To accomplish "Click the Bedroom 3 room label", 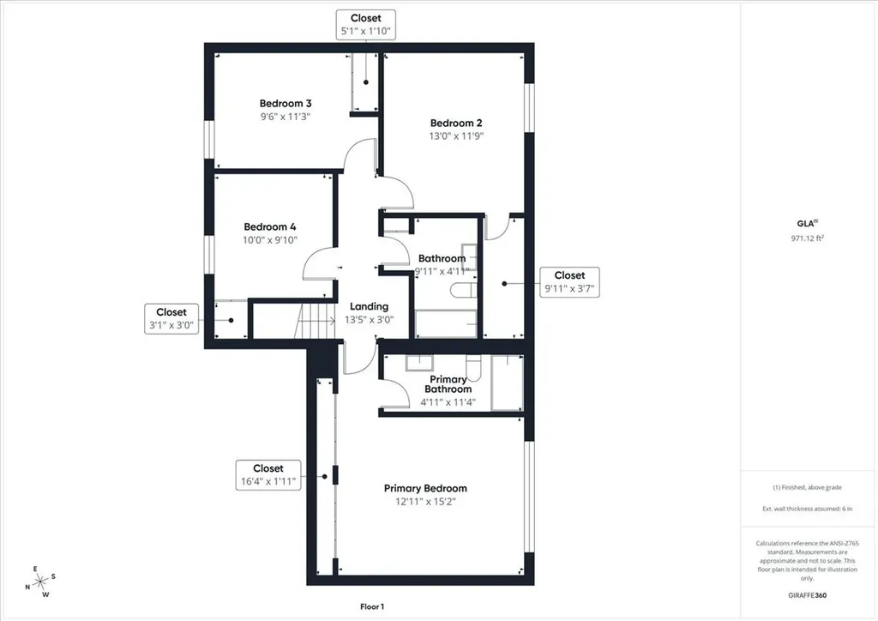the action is pyautogui.click(x=285, y=104).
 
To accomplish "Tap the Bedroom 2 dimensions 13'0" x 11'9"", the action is pyautogui.click(x=456, y=136).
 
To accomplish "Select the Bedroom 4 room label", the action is pyautogui.click(x=270, y=226).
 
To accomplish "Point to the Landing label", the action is pyautogui.click(x=369, y=307).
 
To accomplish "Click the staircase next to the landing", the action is pyautogui.click(x=315, y=321).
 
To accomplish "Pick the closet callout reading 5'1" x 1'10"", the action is pyautogui.click(x=365, y=25).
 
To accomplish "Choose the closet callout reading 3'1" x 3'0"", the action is pyautogui.click(x=171, y=318).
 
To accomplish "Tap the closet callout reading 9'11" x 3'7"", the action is pyautogui.click(x=569, y=282).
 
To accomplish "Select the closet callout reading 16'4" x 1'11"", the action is pyautogui.click(x=268, y=475).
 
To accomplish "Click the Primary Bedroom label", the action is pyautogui.click(x=425, y=488).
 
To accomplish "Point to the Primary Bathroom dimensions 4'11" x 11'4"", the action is pyautogui.click(x=448, y=402).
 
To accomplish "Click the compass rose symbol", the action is pyautogui.click(x=41, y=582).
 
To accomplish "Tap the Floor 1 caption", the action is pyautogui.click(x=372, y=606).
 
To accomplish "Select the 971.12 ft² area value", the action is pyautogui.click(x=808, y=238).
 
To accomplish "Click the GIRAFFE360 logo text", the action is pyautogui.click(x=807, y=595).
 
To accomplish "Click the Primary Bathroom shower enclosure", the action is pyautogui.click(x=508, y=383).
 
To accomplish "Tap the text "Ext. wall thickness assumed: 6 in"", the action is pyautogui.click(x=808, y=509).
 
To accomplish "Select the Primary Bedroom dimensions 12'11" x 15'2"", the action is pyautogui.click(x=425, y=502).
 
